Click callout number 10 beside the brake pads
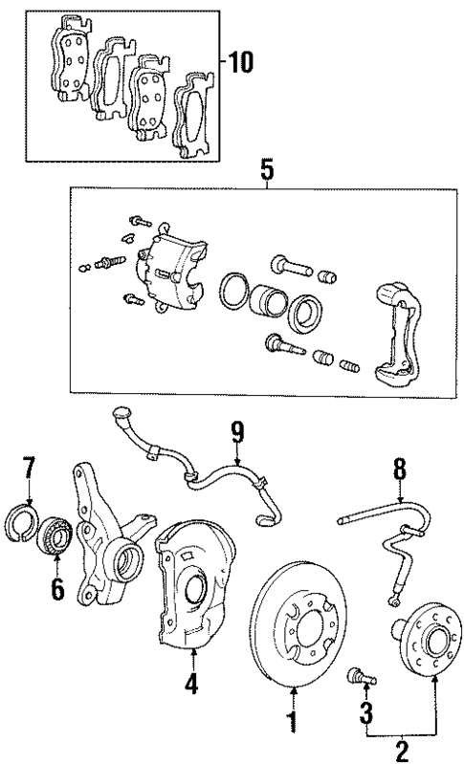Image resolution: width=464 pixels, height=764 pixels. (242, 64)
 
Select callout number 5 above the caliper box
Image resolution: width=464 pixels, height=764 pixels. (267, 171)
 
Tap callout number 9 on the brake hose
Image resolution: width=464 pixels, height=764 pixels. (235, 433)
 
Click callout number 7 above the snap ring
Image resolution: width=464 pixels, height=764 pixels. (29, 469)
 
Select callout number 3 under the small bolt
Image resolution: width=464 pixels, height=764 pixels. (365, 711)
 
